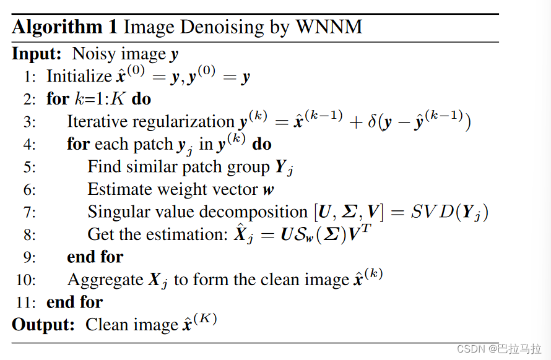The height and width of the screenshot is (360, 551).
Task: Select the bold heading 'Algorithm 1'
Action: coord(65,27)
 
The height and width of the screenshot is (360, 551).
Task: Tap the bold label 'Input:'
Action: coord(37,54)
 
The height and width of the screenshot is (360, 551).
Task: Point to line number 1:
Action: coord(30,77)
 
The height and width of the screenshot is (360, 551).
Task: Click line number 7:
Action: coord(30,212)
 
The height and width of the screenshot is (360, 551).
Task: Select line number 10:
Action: coord(27,280)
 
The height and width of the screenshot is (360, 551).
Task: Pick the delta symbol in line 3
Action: coord(373,122)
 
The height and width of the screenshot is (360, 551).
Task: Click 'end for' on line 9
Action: coord(95,257)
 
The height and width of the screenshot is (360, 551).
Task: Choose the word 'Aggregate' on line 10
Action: coord(105,280)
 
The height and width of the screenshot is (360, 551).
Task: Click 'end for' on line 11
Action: coord(74,302)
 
